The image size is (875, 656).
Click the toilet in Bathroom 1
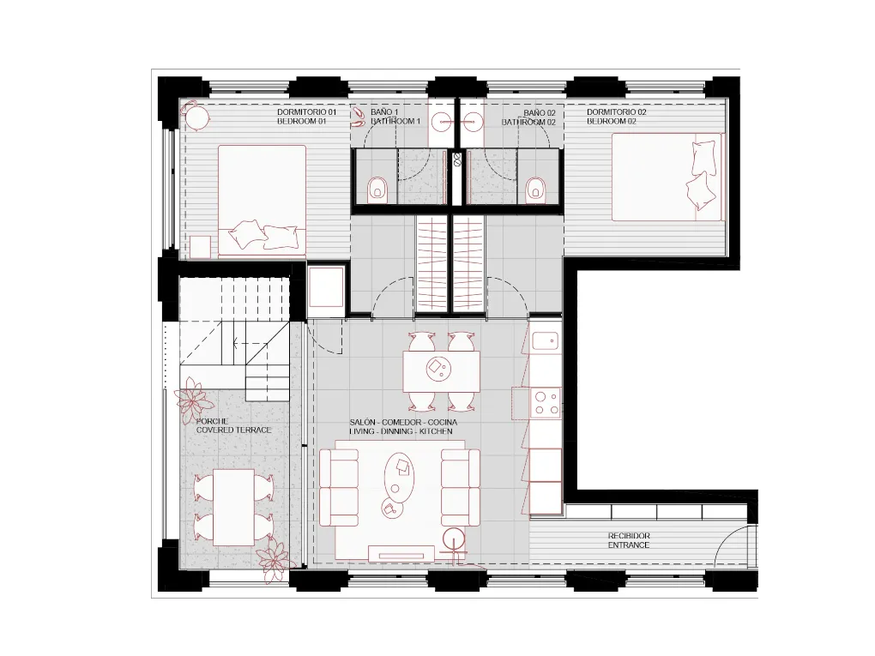pos(377,190)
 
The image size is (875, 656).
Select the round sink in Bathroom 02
pos(473,121)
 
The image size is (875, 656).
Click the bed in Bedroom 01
pos(262,200)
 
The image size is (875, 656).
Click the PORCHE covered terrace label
pos(233,425)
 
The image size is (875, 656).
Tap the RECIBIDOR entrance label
pos(629,540)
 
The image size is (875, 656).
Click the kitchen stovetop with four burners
pos(546,401)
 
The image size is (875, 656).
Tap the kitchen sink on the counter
pos(546,341)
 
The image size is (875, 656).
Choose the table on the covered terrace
pos(233,506)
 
